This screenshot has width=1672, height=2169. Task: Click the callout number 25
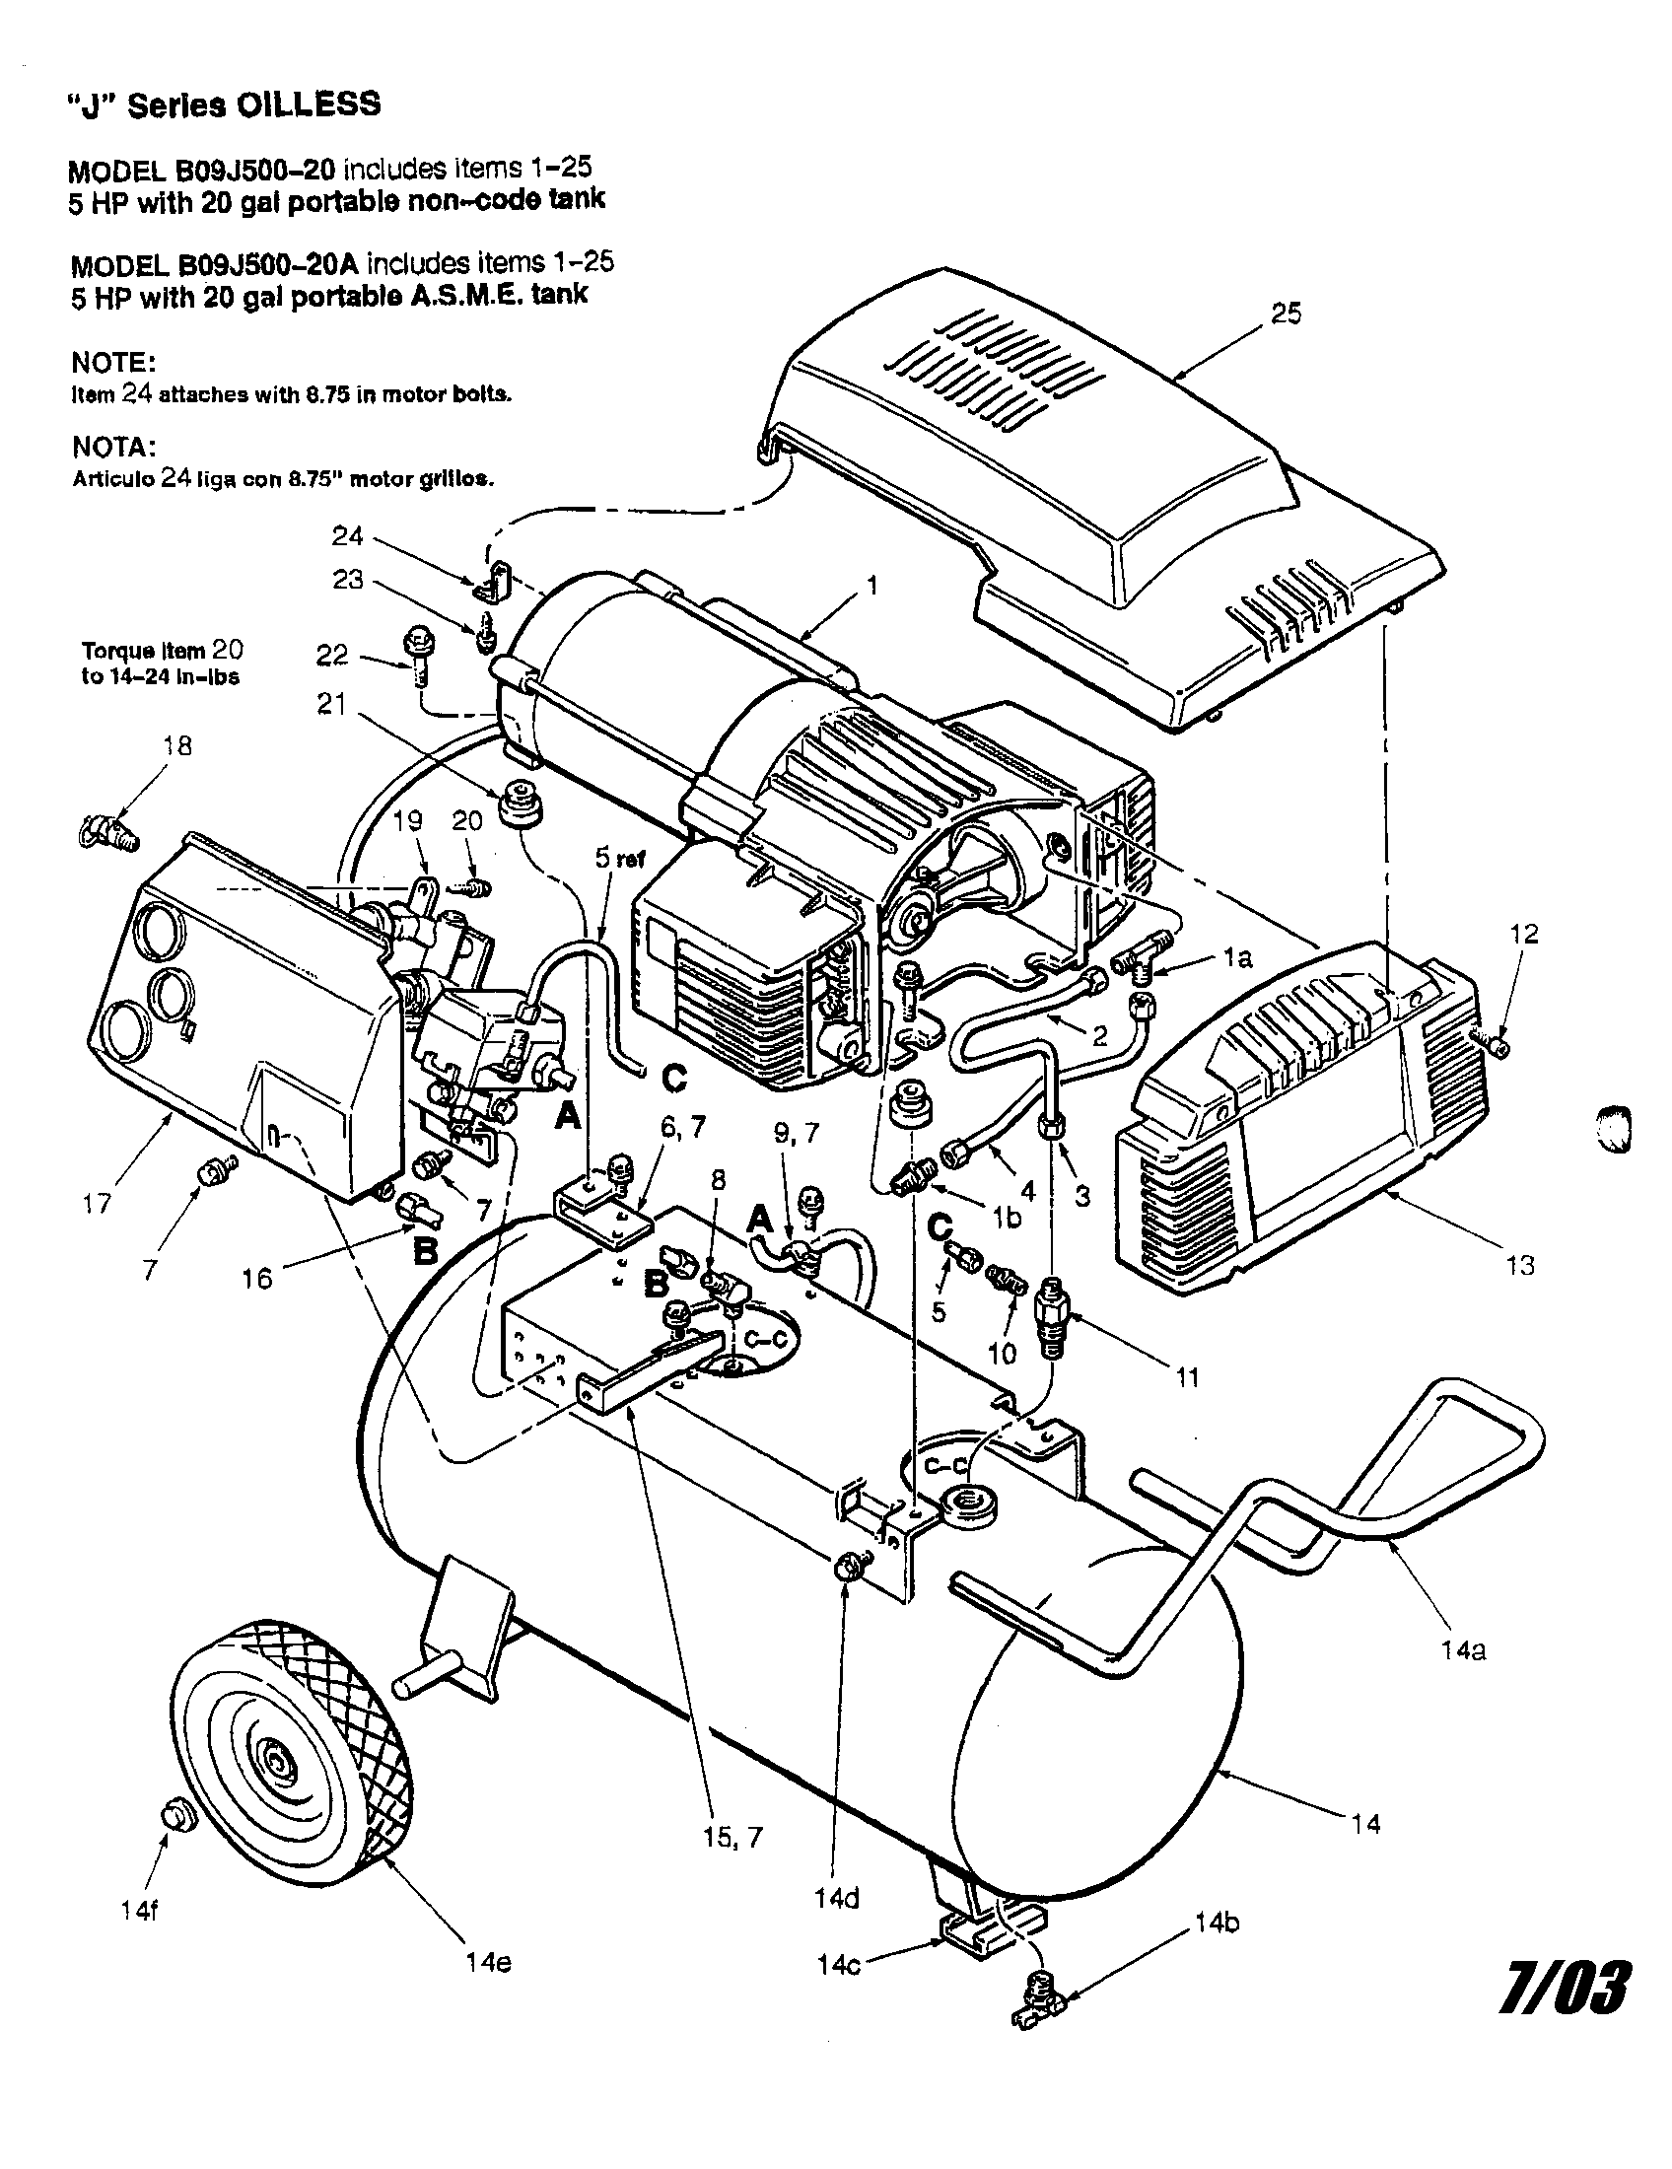pyautogui.click(x=1286, y=314)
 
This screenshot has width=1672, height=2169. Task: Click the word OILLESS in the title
pyautogui.click(x=308, y=105)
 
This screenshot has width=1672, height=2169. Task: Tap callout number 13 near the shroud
pyautogui.click(x=1520, y=1265)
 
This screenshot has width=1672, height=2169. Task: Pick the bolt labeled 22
pyautogui.click(x=415, y=656)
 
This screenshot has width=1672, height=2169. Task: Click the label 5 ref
pyautogui.click(x=619, y=859)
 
